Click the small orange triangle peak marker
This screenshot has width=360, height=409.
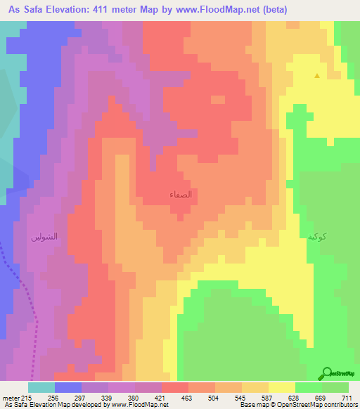(x=317, y=76)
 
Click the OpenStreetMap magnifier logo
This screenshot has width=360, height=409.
(x=327, y=374)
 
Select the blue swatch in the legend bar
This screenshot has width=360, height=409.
(x=68, y=387)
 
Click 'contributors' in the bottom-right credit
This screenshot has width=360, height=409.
(x=340, y=404)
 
